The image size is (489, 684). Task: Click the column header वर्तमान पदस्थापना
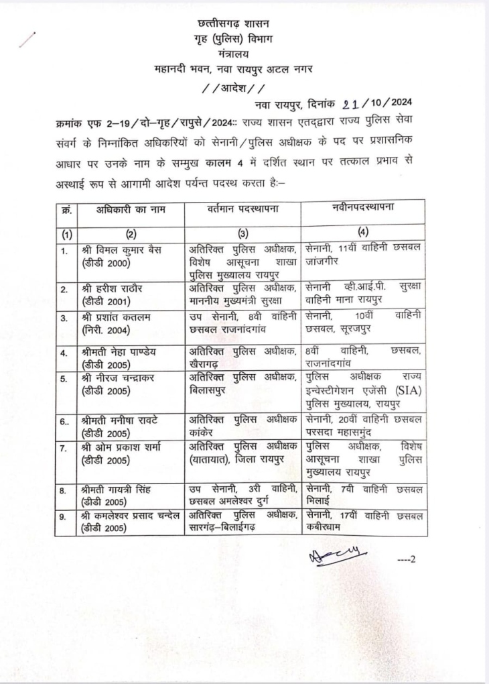pyautogui.click(x=243, y=209)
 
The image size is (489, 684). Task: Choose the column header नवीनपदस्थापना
pyautogui.click(x=362, y=209)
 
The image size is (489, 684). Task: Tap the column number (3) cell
pyautogui.click(x=243, y=234)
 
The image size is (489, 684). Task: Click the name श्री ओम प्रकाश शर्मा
pyautogui.click(x=121, y=447)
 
